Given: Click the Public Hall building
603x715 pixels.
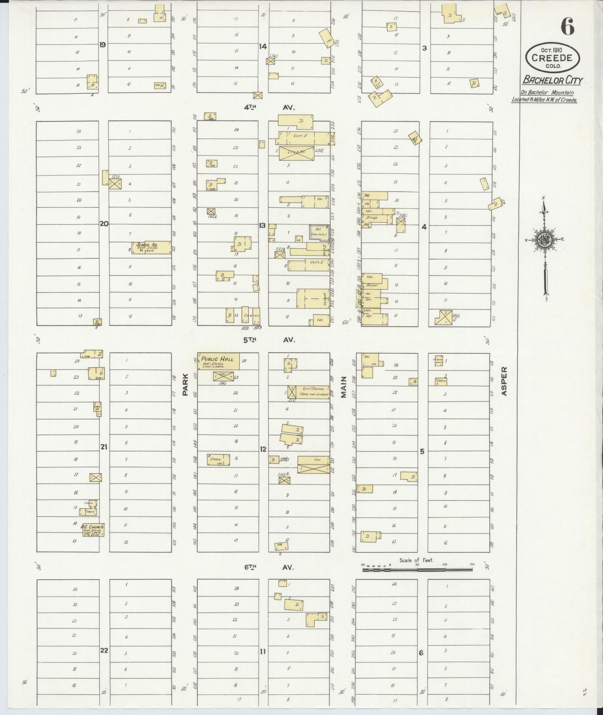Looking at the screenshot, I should [218, 361].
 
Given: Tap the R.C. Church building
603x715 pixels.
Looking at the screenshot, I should [92, 530].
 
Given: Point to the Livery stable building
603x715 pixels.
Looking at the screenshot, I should [296, 153].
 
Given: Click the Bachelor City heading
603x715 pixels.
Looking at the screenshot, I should [552, 80].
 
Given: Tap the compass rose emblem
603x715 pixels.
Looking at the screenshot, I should [544, 241].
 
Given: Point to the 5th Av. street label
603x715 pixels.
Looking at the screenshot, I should [269, 340].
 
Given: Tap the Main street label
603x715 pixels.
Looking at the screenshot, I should [344, 387].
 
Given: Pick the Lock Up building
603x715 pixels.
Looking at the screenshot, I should [97, 407].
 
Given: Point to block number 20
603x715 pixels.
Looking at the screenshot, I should [104, 224].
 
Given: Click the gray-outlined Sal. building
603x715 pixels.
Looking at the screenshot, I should [319, 232].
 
